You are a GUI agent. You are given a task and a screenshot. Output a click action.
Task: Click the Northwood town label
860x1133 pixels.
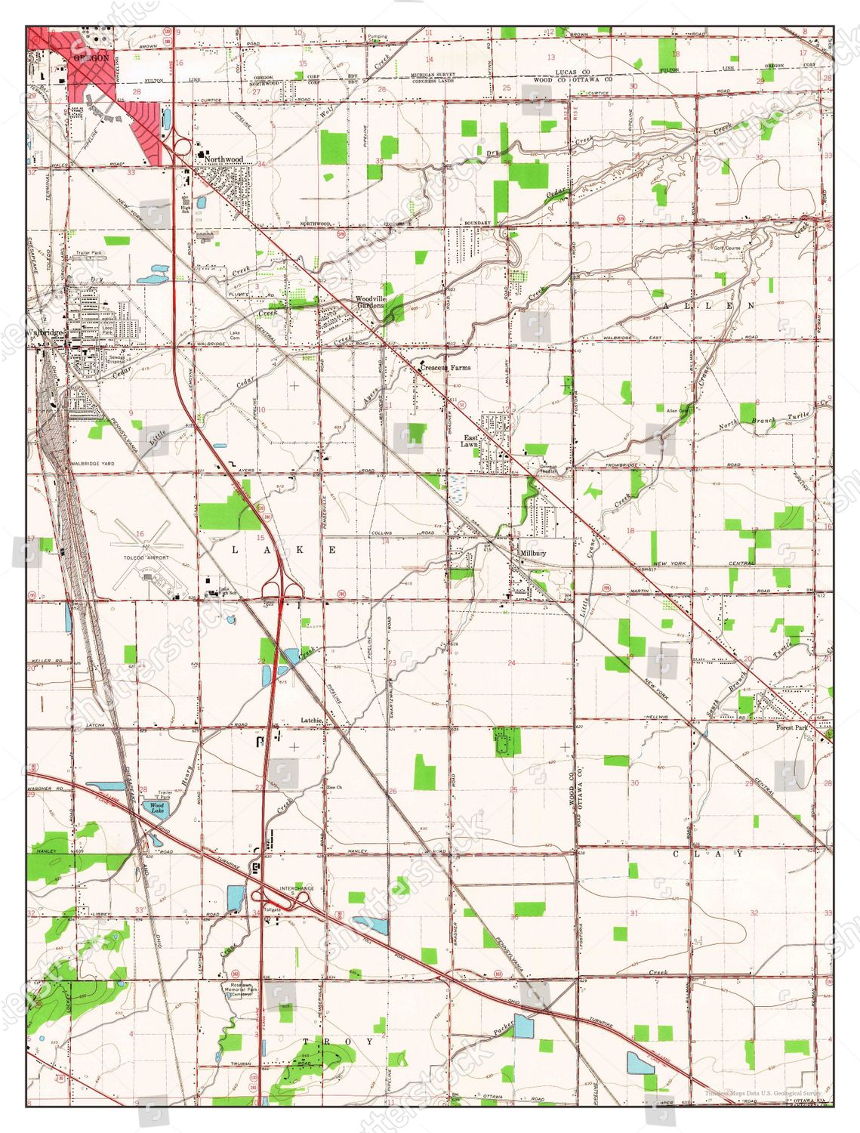[x=224, y=159]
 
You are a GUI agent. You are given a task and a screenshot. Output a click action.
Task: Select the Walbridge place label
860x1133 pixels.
[x=47, y=332]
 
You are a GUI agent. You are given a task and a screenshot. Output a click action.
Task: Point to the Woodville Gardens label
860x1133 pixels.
[x=371, y=302]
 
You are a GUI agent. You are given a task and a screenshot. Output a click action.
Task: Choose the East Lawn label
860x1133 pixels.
[x=470, y=441]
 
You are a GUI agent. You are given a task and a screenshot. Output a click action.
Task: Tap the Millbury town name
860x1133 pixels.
[x=533, y=553]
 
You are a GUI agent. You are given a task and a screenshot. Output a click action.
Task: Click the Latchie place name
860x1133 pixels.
[x=312, y=720]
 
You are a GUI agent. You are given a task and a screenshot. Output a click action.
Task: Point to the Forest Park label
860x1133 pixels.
[x=792, y=727]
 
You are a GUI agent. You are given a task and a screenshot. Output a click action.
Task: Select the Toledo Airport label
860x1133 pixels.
[x=146, y=558]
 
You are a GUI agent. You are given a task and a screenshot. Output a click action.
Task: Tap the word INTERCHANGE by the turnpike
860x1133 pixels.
[x=297, y=888]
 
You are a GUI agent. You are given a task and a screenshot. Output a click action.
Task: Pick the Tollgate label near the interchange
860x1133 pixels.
[x=272, y=909]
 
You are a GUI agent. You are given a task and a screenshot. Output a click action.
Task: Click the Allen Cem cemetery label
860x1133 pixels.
[x=677, y=411]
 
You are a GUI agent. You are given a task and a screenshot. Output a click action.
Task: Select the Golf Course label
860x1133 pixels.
[x=728, y=247]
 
